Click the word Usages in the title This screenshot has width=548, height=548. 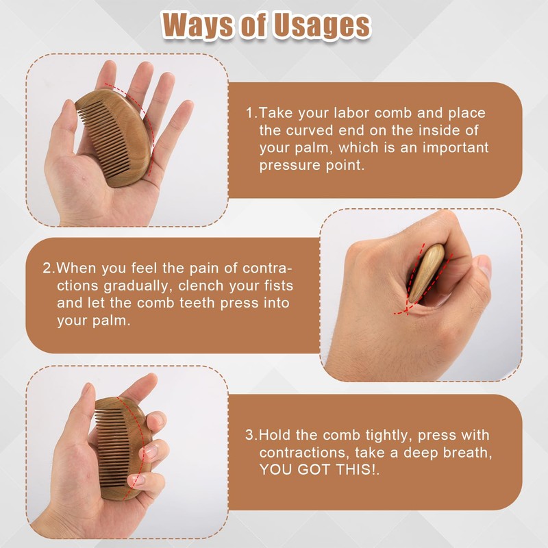(x=321, y=26)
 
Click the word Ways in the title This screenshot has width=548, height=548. (x=196, y=25)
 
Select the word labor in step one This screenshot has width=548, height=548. (x=351, y=113)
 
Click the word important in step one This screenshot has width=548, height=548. (x=456, y=147)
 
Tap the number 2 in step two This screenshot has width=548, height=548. (x=47, y=268)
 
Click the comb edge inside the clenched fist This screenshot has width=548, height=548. (x=426, y=273)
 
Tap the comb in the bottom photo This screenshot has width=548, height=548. (x=123, y=448)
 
